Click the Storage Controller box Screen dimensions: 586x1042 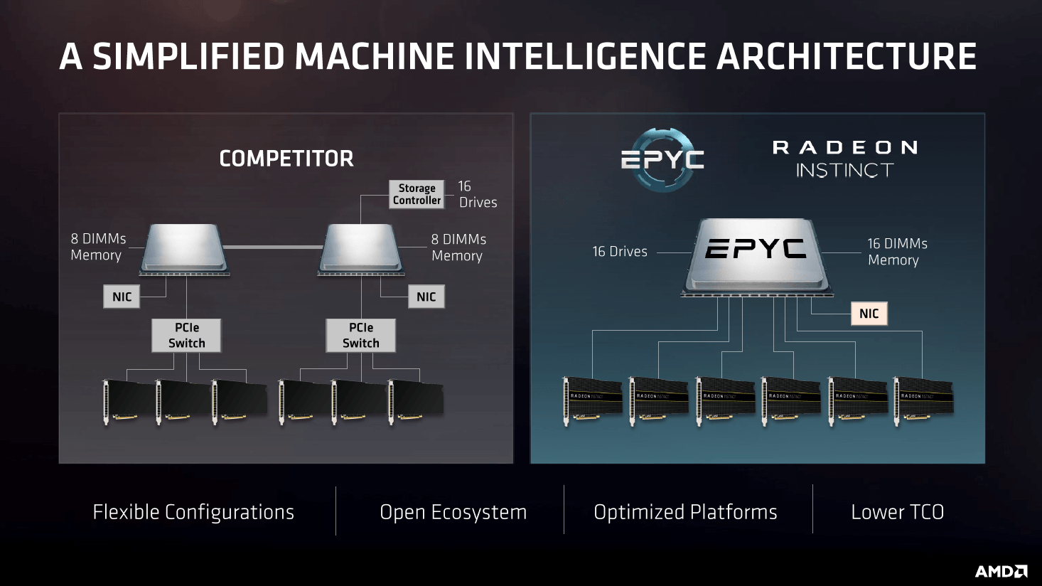[x=417, y=194]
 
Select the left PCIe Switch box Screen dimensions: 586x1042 [x=186, y=335]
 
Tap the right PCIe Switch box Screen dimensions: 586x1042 [x=360, y=335]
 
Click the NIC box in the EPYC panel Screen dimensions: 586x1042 [x=869, y=314]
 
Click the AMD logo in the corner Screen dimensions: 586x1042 [x=1001, y=571]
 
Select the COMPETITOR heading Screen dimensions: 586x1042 [x=286, y=159]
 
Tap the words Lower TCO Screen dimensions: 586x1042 [x=897, y=512]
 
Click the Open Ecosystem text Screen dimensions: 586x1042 [x=453, y=512]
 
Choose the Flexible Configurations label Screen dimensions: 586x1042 [x=193, y=512]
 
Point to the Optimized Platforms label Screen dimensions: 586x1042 [x=685, y=512]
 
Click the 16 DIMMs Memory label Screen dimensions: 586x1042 [x=897, y=252]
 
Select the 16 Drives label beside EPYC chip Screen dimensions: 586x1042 [x=620, y=252]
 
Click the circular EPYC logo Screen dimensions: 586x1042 [x=662, y=159]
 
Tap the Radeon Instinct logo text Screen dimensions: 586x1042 [x=845, y=159]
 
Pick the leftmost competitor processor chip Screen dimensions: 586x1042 [x=185, y=248]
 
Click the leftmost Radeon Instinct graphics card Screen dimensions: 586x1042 [x=592, y=400]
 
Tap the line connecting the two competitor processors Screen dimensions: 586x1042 [x=274, y=247]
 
